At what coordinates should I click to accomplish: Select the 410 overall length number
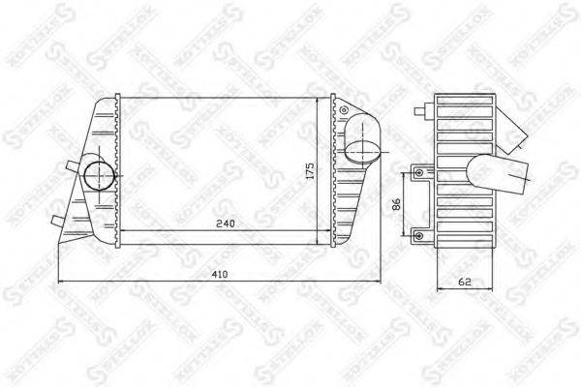[x=221, y=275]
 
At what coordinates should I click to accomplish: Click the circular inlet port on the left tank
[x=97, y=176]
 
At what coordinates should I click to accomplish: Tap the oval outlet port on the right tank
[x=361, y=151]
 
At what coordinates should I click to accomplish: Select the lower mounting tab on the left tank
[x=55, y=222]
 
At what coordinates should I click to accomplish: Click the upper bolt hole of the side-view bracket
[x=418, y=173]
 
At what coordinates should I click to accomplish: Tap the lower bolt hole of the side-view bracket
[x=418, y=232]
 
